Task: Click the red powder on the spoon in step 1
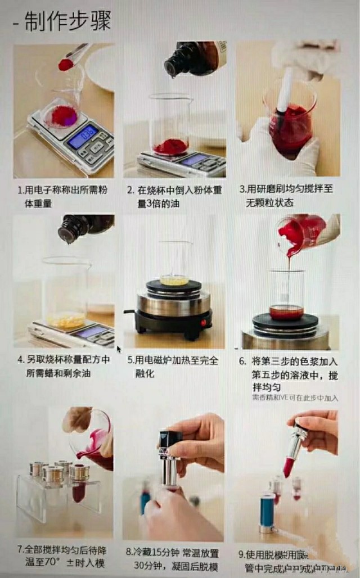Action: click(65, 65)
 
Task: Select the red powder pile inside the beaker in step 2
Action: click(170, 147)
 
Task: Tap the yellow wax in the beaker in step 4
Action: click(65, 319)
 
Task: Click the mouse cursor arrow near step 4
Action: click(119, 349)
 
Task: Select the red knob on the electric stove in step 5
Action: click(204, 323)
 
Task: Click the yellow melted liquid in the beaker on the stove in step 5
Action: click(174, 279)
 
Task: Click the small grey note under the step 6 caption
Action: click(295, 398)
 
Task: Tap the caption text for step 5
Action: click(173, 365)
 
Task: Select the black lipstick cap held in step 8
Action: click(170, 441)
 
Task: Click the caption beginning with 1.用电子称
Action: click(62, 196)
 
